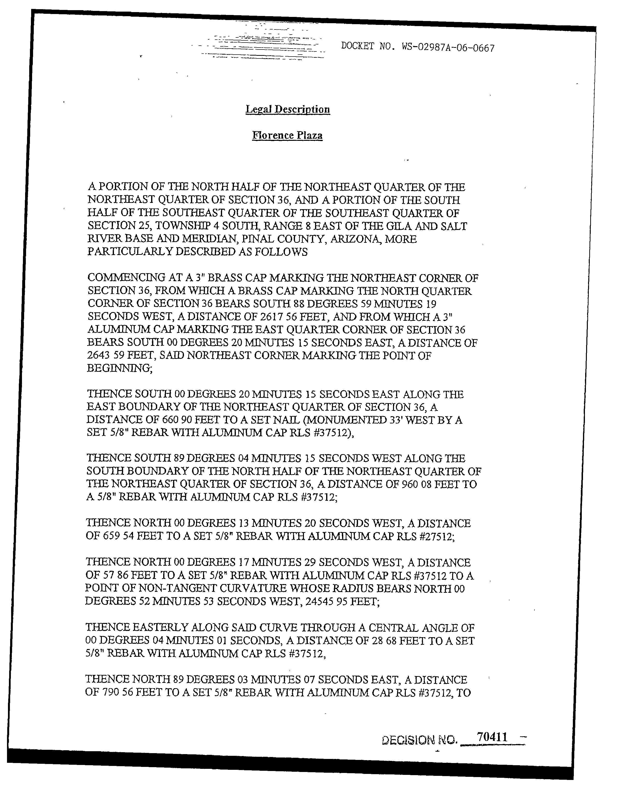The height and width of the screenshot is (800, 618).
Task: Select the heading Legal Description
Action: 288,109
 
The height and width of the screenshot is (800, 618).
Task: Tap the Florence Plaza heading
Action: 288,136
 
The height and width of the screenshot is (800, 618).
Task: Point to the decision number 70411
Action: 492,737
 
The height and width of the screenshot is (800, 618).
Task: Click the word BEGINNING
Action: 119,368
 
